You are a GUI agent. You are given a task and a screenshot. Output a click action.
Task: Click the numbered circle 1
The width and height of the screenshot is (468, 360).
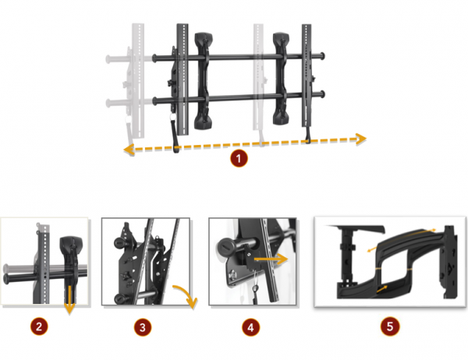(239, 158)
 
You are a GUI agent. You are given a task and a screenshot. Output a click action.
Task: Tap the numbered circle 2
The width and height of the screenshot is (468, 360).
(39, 326)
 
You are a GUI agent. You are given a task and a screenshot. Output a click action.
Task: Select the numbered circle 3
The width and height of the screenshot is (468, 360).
(143, 327)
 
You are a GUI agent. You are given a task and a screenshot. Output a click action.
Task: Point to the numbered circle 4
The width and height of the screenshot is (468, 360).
(250, 327)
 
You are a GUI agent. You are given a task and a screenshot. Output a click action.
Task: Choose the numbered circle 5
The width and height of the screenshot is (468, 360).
(390, 326)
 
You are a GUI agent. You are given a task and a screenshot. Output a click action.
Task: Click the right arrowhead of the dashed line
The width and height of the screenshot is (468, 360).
(361, 139)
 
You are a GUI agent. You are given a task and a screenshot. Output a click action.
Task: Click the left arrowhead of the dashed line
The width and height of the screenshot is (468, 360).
(129, 149)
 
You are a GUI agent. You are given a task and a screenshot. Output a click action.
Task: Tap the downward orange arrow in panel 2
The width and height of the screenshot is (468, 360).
(69, 299)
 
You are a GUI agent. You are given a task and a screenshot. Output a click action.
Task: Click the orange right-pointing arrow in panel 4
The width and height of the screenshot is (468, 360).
(271, 259)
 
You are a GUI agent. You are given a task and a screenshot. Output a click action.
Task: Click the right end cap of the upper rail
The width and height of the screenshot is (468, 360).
(322, 56)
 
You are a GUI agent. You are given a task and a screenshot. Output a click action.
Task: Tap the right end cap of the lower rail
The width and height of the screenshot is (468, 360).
(322, 94)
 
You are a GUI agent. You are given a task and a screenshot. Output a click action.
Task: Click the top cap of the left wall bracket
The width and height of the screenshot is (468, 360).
(204, 38)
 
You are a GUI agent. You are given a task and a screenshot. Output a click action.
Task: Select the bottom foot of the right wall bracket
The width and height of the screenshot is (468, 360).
(281, 118)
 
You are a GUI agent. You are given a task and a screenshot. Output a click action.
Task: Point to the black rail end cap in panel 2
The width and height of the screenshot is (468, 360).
(6, 279)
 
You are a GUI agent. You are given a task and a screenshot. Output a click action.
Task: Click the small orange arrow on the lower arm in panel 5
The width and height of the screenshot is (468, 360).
(382, 289)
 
